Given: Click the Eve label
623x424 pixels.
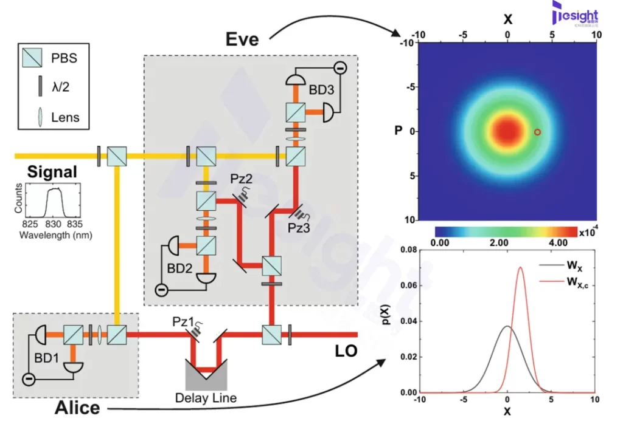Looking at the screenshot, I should coord(242,39).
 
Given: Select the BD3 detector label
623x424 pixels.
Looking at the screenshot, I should coord(318,95).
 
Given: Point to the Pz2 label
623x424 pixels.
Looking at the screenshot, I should coord(243,180).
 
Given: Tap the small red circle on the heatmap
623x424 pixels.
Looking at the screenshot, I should coord(537,132).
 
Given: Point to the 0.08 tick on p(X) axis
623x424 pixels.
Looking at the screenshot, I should coord(404,250).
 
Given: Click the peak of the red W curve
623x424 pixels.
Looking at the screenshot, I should coord(520,267).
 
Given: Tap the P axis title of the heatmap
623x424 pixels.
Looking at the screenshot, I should coord(399,131).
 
